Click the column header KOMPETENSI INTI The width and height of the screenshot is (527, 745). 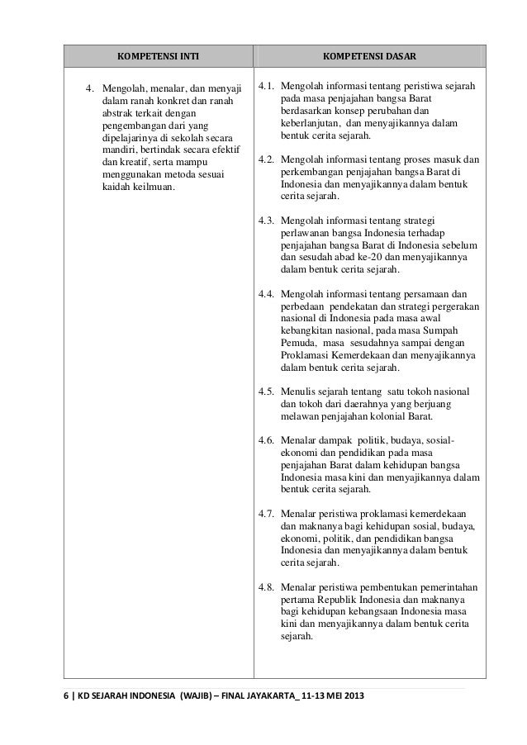[x=159, y=57]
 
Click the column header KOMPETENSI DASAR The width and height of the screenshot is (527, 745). [x=369, y=57]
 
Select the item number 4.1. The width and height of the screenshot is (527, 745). [x=267, y=86]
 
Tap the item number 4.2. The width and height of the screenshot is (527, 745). [x=267, y=159]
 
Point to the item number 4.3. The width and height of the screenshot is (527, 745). [x=267, y=221]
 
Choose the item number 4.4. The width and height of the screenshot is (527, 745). [x=267, y=294]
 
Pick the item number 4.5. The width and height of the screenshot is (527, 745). [x=267, y=391]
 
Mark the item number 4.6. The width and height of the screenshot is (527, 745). [x=267, y=440]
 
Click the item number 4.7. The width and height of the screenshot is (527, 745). [x=267, y=514]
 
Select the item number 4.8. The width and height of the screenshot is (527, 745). [x=267, y=587]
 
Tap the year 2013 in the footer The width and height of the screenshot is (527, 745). [x=350, y=703]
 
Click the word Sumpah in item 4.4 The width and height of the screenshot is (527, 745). [x=448, y=330]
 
